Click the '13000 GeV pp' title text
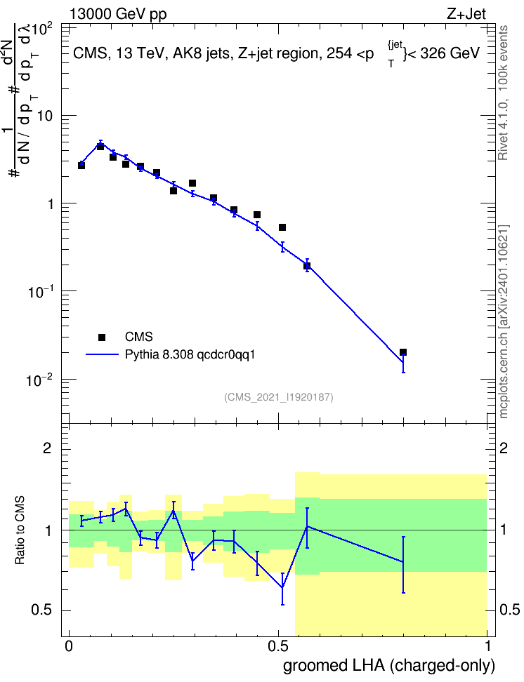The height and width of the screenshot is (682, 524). [x=118, y=14]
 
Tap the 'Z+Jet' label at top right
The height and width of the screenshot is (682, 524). [x=466, y=14]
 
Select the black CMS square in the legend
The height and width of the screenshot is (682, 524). [x=102, y=337]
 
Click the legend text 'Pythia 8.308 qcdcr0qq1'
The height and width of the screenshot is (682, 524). [x=190, y=355]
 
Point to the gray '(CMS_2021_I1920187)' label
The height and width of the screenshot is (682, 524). [x=279, y=397]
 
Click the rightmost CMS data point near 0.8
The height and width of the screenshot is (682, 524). [x=403, y=352]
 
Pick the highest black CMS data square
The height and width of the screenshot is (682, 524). [x=100, y=147]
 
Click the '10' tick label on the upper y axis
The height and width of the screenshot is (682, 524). [x=44, y=116]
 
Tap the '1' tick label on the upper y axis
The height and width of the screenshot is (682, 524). [x=50, y=204]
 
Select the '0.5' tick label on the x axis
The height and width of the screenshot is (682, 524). [x=278, y=646]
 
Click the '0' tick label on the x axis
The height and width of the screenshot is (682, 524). [x=69, y=646]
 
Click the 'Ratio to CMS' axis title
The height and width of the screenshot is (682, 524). [x=20, y=530]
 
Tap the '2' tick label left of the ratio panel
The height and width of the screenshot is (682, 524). [x=46, y=448]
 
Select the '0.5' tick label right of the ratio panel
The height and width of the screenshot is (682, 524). [x=509, y=610]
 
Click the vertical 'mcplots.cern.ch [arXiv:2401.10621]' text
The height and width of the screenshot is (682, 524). [x=504, y=321]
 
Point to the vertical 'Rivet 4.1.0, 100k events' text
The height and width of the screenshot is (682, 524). [x=503, y=93]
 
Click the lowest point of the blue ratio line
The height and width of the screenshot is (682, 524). [x=282, y=587]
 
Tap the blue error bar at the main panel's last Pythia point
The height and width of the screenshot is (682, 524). [x=403, y=363]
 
